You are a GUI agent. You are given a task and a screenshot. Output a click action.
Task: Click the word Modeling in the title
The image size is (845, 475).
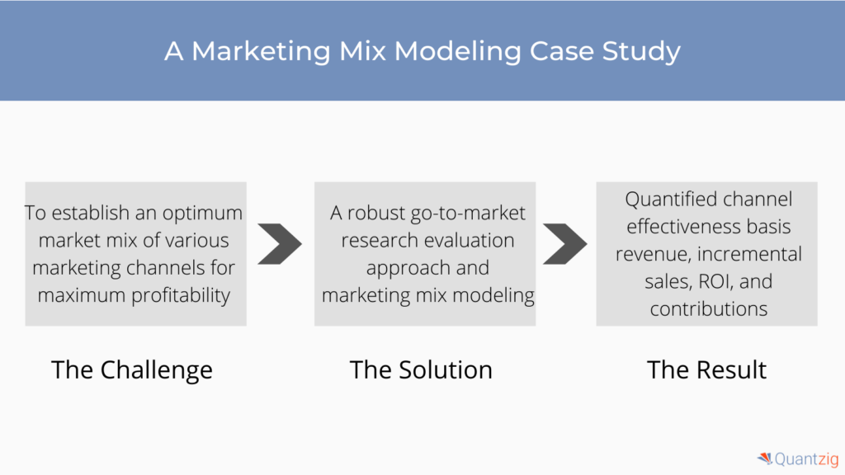click(x=457, y=52)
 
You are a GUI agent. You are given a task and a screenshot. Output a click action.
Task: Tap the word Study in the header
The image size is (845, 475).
click(x=641, y=52)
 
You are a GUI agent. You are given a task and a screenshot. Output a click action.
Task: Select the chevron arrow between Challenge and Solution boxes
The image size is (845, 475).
click(x=279, y=244)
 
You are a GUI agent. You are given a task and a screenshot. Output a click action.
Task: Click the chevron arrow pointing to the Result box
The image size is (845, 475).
click(x=564, y=244)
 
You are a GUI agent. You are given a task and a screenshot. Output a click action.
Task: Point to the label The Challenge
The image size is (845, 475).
click(x=132, y=370)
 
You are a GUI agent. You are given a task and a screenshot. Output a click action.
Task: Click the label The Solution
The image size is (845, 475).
click(x=421, y=370)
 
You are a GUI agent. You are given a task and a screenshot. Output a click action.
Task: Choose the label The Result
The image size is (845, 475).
click(x=706, y=370)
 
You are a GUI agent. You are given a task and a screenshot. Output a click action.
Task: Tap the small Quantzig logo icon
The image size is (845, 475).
click(x=765, y=459)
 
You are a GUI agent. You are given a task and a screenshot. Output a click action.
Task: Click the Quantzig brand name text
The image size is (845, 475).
click(x=807, y=459)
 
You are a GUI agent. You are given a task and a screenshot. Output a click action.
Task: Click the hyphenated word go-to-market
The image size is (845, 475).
click(x=468, y=214)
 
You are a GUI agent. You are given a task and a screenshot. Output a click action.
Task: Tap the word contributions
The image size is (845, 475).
click(x=709, y=309)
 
